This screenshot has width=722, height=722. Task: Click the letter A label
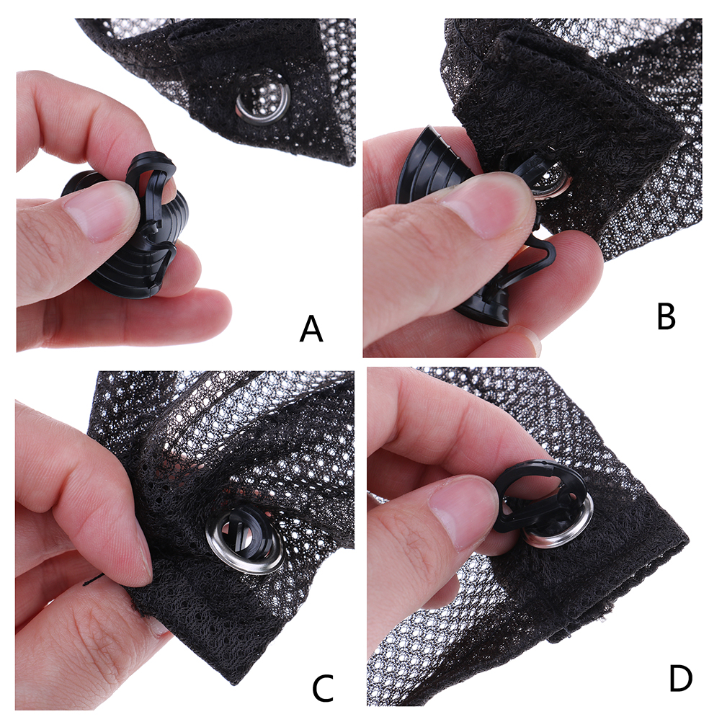(311, 329)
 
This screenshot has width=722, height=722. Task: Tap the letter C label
(323, 687)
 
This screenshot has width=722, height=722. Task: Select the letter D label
(680, 678)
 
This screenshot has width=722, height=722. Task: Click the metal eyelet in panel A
(263, 99)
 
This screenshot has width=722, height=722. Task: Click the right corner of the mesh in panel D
(688, 537)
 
